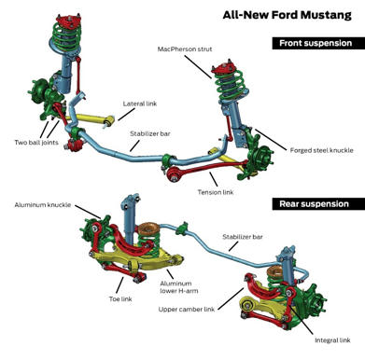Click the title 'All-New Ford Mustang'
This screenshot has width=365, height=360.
[287, 15]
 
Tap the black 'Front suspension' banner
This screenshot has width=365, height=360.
[318, 43]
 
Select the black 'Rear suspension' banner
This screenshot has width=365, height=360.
[318, 204]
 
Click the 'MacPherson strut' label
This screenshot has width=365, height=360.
[185, 49]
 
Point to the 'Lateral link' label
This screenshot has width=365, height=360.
[140, 104]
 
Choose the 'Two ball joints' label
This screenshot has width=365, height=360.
[36, 143]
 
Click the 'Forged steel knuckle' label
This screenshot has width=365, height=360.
[322, 150]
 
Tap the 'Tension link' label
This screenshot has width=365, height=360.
[216, 192]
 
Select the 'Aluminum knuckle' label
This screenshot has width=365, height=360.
[43, 205]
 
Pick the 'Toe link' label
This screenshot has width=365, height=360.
[120, 299]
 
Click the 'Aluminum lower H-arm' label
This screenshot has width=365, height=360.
[179, 287]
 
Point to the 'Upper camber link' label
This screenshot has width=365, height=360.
[187, 310]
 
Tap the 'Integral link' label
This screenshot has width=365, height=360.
[332, 340]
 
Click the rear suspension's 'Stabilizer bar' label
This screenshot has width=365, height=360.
[243, 237]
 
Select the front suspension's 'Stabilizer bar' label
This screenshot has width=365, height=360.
[150, 134]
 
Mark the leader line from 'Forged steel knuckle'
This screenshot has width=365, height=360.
[271, 140]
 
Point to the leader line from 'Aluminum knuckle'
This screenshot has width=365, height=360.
[88, 212]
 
